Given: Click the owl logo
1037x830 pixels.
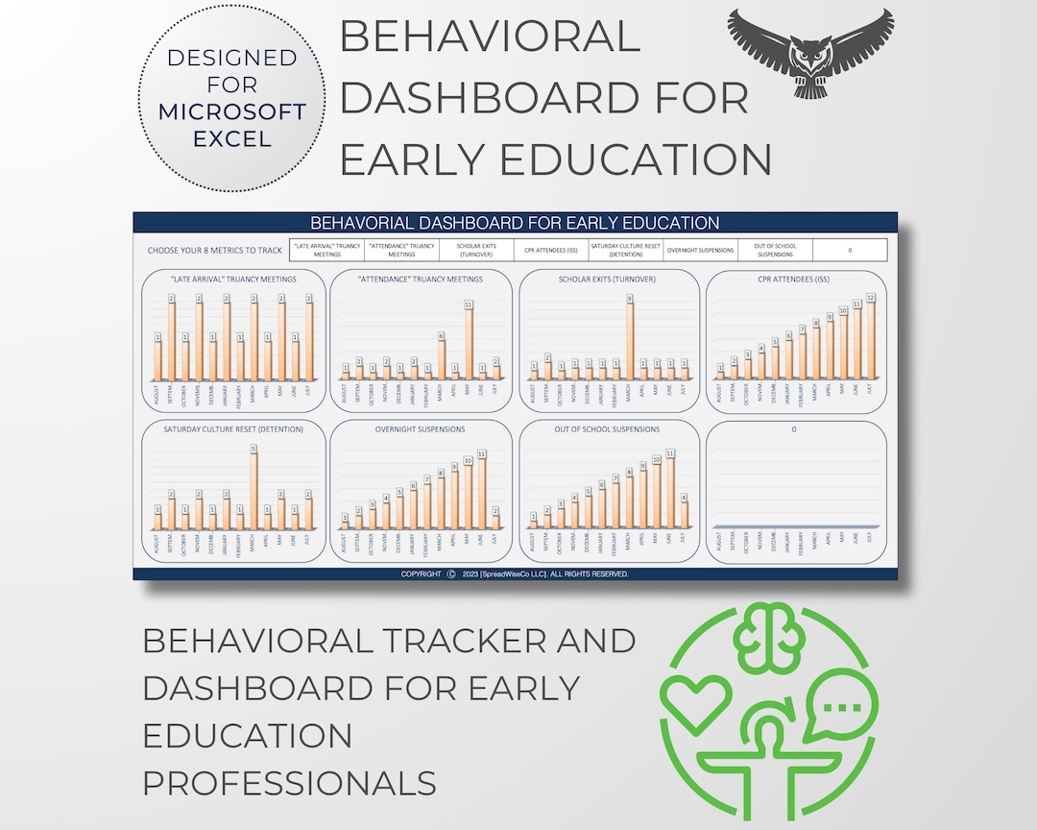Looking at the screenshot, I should click(809, 52).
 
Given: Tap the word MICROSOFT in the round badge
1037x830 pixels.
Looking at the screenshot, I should click(232, 111).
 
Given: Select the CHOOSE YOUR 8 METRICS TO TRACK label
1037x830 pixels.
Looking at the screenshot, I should click(215, 251).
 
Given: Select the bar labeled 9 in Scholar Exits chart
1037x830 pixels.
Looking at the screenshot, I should click(630, 340).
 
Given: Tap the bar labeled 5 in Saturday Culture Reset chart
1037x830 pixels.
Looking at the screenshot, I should click(253, 491).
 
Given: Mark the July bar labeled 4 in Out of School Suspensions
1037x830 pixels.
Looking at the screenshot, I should click(684, 514).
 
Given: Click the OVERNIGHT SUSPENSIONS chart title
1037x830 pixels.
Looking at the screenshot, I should click(421, 429).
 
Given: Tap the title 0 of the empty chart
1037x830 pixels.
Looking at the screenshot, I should click(794, 429).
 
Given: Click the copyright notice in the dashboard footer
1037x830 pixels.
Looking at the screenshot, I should click(515, 574).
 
